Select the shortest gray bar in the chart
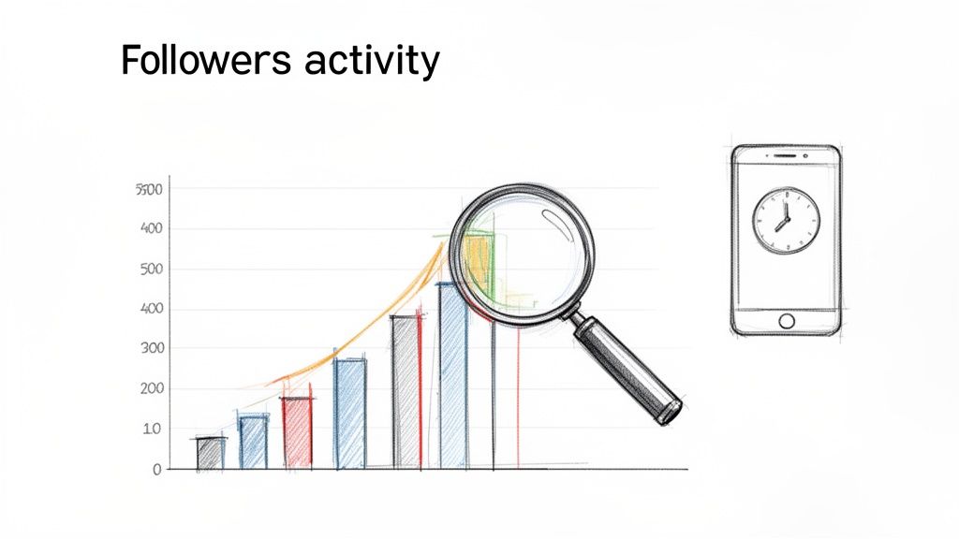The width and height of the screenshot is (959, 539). (x=211, y=453)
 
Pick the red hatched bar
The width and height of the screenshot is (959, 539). (x=297, y=432)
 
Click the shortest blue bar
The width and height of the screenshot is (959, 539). (x=253, y=443)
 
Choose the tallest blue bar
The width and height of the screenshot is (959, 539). (x=453, y=374)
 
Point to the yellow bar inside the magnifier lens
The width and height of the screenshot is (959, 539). (x=478, y=262)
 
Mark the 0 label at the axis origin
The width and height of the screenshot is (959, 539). (x=157, y=469)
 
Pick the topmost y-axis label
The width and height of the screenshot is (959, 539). (x=150, y=190)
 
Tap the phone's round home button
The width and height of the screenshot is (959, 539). (x=786, y=321)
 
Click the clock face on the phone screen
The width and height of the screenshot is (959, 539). (x=786, y=221)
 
